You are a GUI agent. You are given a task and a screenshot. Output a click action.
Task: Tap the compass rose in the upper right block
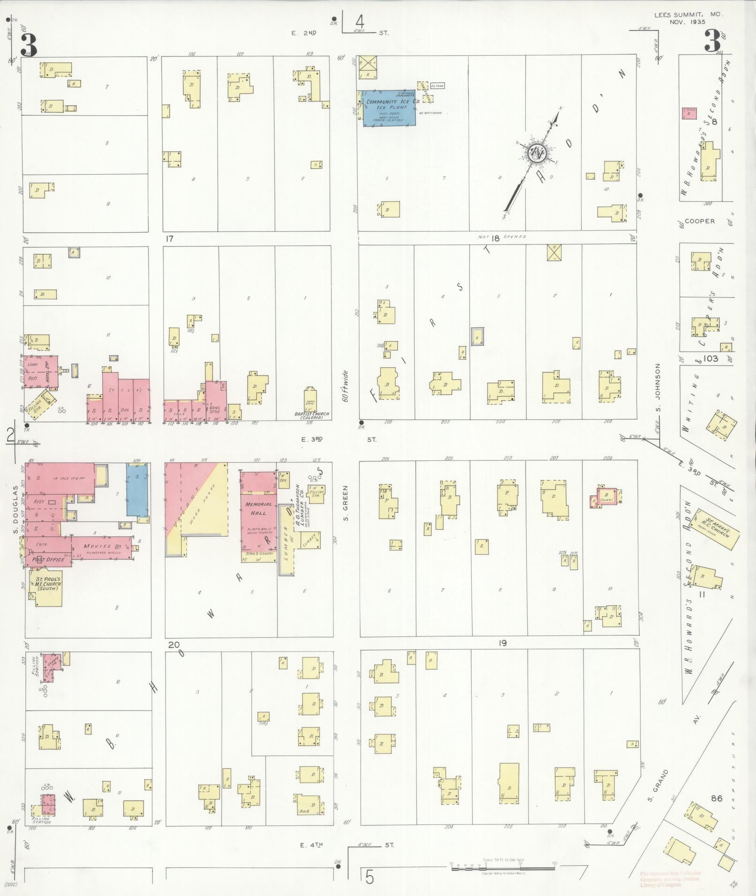coord(537,152)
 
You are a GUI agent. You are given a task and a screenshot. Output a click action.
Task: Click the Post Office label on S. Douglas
coord(47,559)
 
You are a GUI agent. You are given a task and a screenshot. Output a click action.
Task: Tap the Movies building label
coord(97,546)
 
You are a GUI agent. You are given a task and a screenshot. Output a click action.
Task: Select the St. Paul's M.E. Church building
coord(47,585)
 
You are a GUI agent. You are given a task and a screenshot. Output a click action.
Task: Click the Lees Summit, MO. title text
coord(689,15)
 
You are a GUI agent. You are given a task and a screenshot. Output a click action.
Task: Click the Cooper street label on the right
coord(699,221)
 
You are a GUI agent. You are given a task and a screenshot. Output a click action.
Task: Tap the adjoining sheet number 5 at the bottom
coord(370,877)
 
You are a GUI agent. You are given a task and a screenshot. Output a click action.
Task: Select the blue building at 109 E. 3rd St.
coord(138,489)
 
